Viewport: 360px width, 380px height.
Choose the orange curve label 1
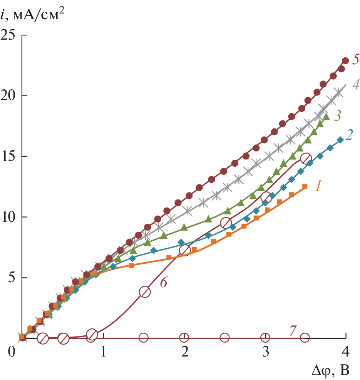coord(318,187)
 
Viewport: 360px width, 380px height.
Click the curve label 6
coord(163,282)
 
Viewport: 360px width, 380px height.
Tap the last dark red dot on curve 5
coord(345,61)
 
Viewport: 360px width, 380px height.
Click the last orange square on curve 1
coord(305,187)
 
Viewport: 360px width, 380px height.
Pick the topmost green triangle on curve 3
coord(327,116)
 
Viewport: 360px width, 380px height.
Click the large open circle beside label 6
coord(145,291)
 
